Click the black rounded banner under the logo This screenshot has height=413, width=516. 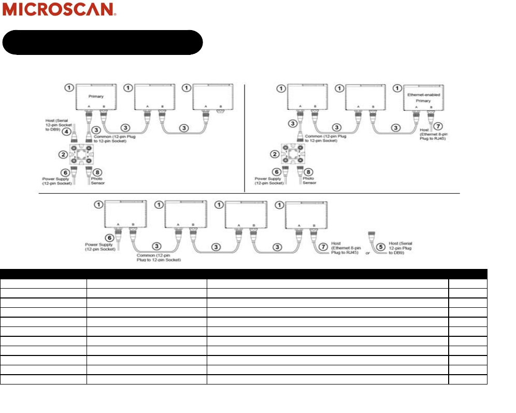(x=102, y=42)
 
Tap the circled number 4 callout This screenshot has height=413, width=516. (x=66, y=132)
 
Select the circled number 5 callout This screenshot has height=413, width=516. (x=382, y=247)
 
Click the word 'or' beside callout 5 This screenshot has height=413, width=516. (x=368, y=253)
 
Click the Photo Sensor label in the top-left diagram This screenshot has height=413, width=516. (x=97, y=181)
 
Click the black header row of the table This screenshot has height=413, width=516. (x=243, y=274)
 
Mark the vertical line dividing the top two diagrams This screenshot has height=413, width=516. (x=244, y=137)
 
